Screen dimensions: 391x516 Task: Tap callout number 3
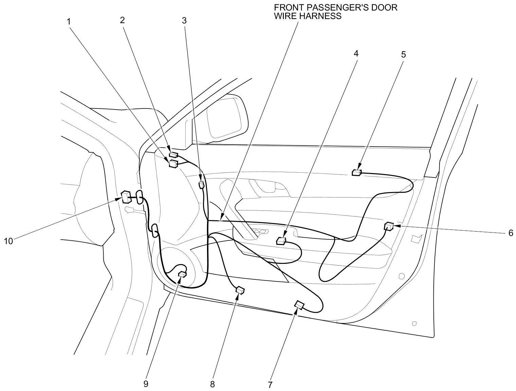tap(184, 20)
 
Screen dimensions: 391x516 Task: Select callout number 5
tap(403, 54)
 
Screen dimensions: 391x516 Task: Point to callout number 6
tap(510, 233)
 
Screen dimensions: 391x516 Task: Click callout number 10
tap(8, 241)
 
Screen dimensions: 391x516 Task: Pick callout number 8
tap(212, 384)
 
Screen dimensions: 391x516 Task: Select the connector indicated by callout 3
tap(201, 185)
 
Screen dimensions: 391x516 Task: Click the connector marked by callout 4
tap(281, 241)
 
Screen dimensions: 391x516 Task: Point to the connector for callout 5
tap(356, 173)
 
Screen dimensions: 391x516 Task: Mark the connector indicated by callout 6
tap(389, 226)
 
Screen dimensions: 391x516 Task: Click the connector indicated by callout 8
tap(240, 290)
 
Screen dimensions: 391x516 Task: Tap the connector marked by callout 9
tap(183, 274)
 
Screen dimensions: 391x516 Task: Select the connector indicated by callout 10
tap(125, 197)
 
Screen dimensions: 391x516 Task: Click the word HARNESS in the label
tap(322, 16)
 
